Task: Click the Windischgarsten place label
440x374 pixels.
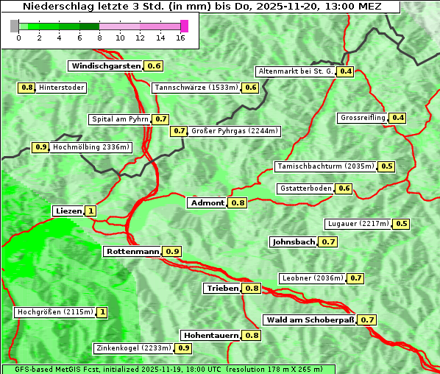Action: tap(106, 66)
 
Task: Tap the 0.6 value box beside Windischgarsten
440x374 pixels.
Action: tap(154, 66)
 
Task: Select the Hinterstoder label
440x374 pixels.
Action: tap(62, 88)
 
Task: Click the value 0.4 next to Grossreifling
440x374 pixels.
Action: tap(398, 118)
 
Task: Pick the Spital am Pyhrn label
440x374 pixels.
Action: tap(120, 119)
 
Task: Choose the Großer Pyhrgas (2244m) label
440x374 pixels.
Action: tap(234, 131)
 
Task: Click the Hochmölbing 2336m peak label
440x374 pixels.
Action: tap(91, 147)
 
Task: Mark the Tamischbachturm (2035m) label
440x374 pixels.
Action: tap(325, 166)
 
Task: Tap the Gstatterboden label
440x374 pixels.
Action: tap(305, 188)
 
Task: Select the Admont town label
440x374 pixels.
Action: tap(207, 203)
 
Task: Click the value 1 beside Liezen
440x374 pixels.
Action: tap(91, 211)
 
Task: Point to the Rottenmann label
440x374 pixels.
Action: tap(132, 252)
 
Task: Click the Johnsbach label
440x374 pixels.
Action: tap(294, 242)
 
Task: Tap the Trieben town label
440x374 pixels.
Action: tap(222, 289)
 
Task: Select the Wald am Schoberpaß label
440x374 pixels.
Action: tap(309, 320)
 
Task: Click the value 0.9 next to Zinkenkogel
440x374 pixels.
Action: tap(184, 348)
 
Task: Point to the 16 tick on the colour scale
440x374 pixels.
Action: tap(181, 38)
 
